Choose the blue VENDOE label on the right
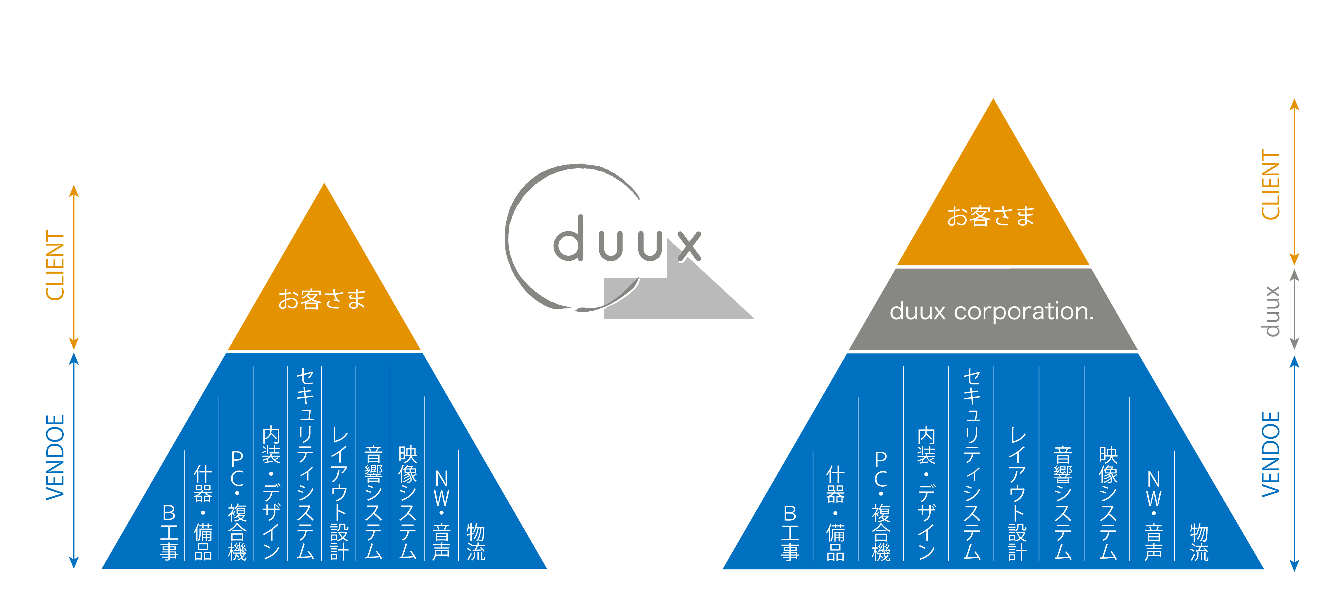pyautogui.click(x=1270, y=454)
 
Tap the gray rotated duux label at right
pyautogui.click(x=1270, y=311)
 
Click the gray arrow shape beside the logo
pyautogui.click(x=688, y=295)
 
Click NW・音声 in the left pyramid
pyautogui.click(x=442, y=514)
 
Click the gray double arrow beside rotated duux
pyautogui.click(x=1294, y=310)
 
